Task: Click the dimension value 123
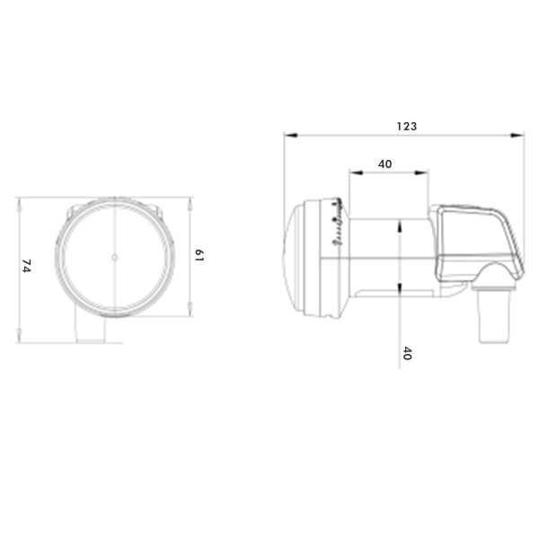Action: [x=407, y=127]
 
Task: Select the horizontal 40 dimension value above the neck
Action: [x=385, y=164]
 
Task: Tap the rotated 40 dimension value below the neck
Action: [x=407, y=353]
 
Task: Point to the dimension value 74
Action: [x=26, y=266]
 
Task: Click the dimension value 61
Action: [x=199, y=255]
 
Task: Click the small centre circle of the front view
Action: [x=115, y=257]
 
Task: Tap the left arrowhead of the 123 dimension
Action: [x=290, y=135]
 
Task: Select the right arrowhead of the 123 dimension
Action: [x=517, y=135]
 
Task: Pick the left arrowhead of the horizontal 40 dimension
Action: [x=356, y=172]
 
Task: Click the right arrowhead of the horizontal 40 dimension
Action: [x=422, y=172]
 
